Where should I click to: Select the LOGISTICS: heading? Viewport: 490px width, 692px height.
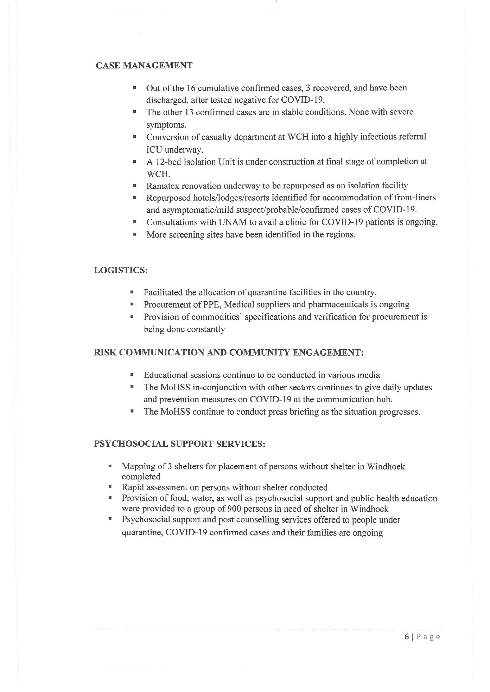121,270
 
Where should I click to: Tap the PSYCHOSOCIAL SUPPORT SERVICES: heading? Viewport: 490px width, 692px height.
179,444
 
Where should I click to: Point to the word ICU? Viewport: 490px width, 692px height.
154,150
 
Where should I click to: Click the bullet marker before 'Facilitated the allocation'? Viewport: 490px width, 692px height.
132,292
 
